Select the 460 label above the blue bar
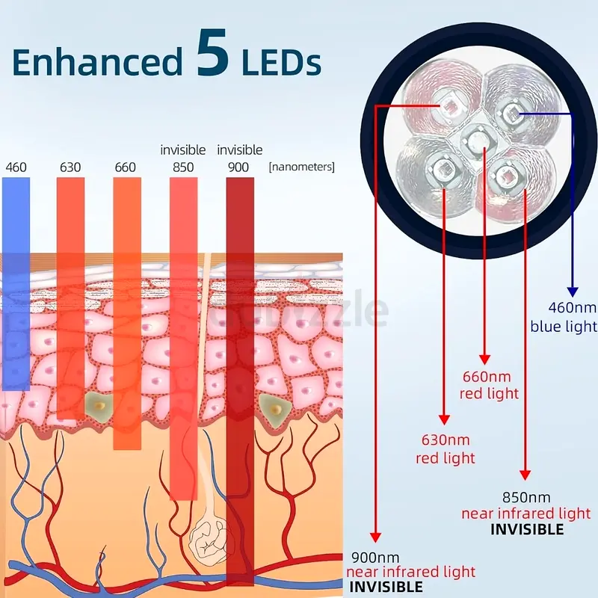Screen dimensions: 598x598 16,167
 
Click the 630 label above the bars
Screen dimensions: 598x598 70,167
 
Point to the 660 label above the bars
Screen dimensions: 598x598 126,167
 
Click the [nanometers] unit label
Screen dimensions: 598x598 301,167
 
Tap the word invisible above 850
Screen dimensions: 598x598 183,150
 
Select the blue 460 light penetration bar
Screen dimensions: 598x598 16,284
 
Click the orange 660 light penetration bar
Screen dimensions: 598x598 127,314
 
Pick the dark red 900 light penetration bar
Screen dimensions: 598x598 239,374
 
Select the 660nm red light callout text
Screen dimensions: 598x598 490,384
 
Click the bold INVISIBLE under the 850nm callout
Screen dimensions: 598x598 527,529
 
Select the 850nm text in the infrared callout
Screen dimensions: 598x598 525,497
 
